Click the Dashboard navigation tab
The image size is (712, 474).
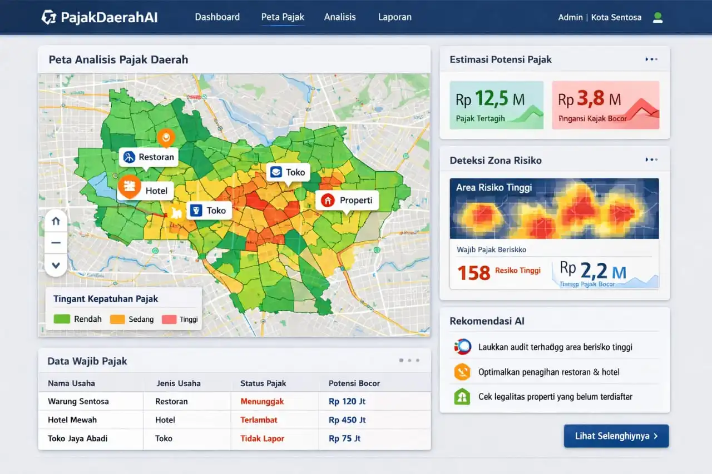217,17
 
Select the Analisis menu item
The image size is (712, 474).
339,17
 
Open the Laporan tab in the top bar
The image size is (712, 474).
394,17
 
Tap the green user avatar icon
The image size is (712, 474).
657,17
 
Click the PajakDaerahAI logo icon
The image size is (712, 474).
49,17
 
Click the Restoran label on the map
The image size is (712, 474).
149,157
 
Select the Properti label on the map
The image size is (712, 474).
348,200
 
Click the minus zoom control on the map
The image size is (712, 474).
56,243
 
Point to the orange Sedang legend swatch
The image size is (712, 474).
117,320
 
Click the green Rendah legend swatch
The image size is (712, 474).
61,320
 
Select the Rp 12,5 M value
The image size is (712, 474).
489,99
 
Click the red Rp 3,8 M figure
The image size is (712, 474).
590,99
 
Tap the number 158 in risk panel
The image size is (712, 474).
473,273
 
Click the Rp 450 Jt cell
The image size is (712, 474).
347,420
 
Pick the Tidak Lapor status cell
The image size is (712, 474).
262,438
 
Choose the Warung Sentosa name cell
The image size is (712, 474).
78,401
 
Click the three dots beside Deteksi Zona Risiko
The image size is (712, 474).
651,160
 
